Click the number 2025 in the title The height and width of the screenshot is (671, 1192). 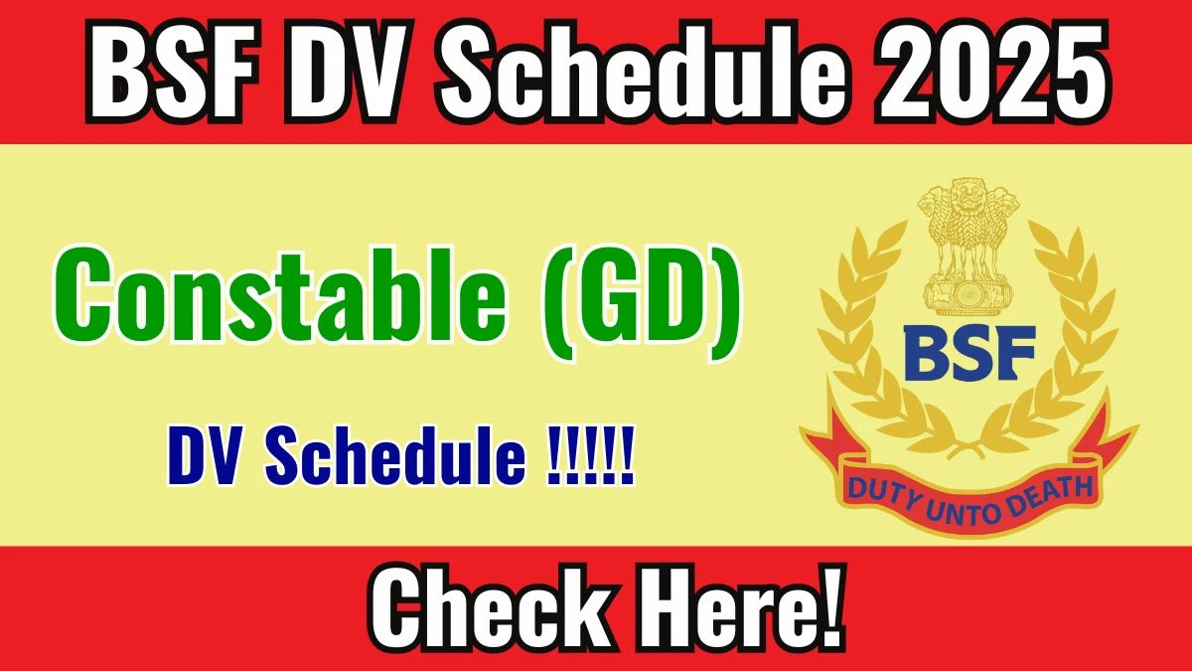pos(994,71)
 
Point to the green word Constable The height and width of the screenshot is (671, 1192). pos(279,296)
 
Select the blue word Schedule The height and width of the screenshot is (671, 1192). pos(396,455)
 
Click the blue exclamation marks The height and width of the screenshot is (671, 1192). pos(591,455)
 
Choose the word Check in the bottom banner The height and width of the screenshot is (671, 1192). pos(490,607)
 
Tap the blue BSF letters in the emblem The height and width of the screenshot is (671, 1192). pos(969,353)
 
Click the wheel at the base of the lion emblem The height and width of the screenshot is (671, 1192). pos(968,294)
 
